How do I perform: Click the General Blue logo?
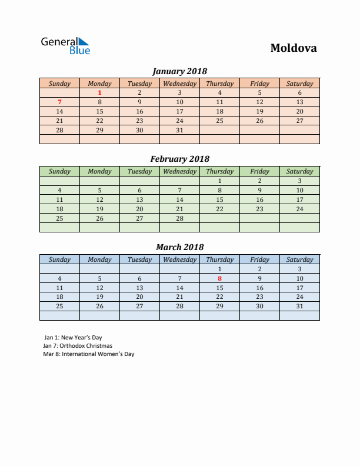(x=65, y=46)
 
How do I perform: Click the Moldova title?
(x=293, y=48)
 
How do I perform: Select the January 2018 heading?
(x=179, y=71)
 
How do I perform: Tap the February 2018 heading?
(x=179, y=159)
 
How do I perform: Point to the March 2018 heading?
(x=179, y=247)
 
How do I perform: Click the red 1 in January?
(x=99, y=92)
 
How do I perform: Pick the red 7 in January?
(x=59, y=102)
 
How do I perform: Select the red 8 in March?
(x=219, y=278)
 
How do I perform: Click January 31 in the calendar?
(x=179, y=130)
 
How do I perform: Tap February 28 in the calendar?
(x=179, y=218)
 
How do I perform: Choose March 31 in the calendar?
(x=299, y=306)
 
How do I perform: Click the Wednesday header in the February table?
(x=179, y=171)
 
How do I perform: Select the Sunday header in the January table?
(x=59, y=84)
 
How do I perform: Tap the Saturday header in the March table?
(x=299, y=259)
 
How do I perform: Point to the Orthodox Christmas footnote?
(x=78, y=346)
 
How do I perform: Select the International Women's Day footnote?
(x=89, y=354)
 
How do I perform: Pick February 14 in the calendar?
(x=179, y=199)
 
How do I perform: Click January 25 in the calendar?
(x=219, y=121)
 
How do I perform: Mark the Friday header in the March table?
(x=259, y=259)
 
